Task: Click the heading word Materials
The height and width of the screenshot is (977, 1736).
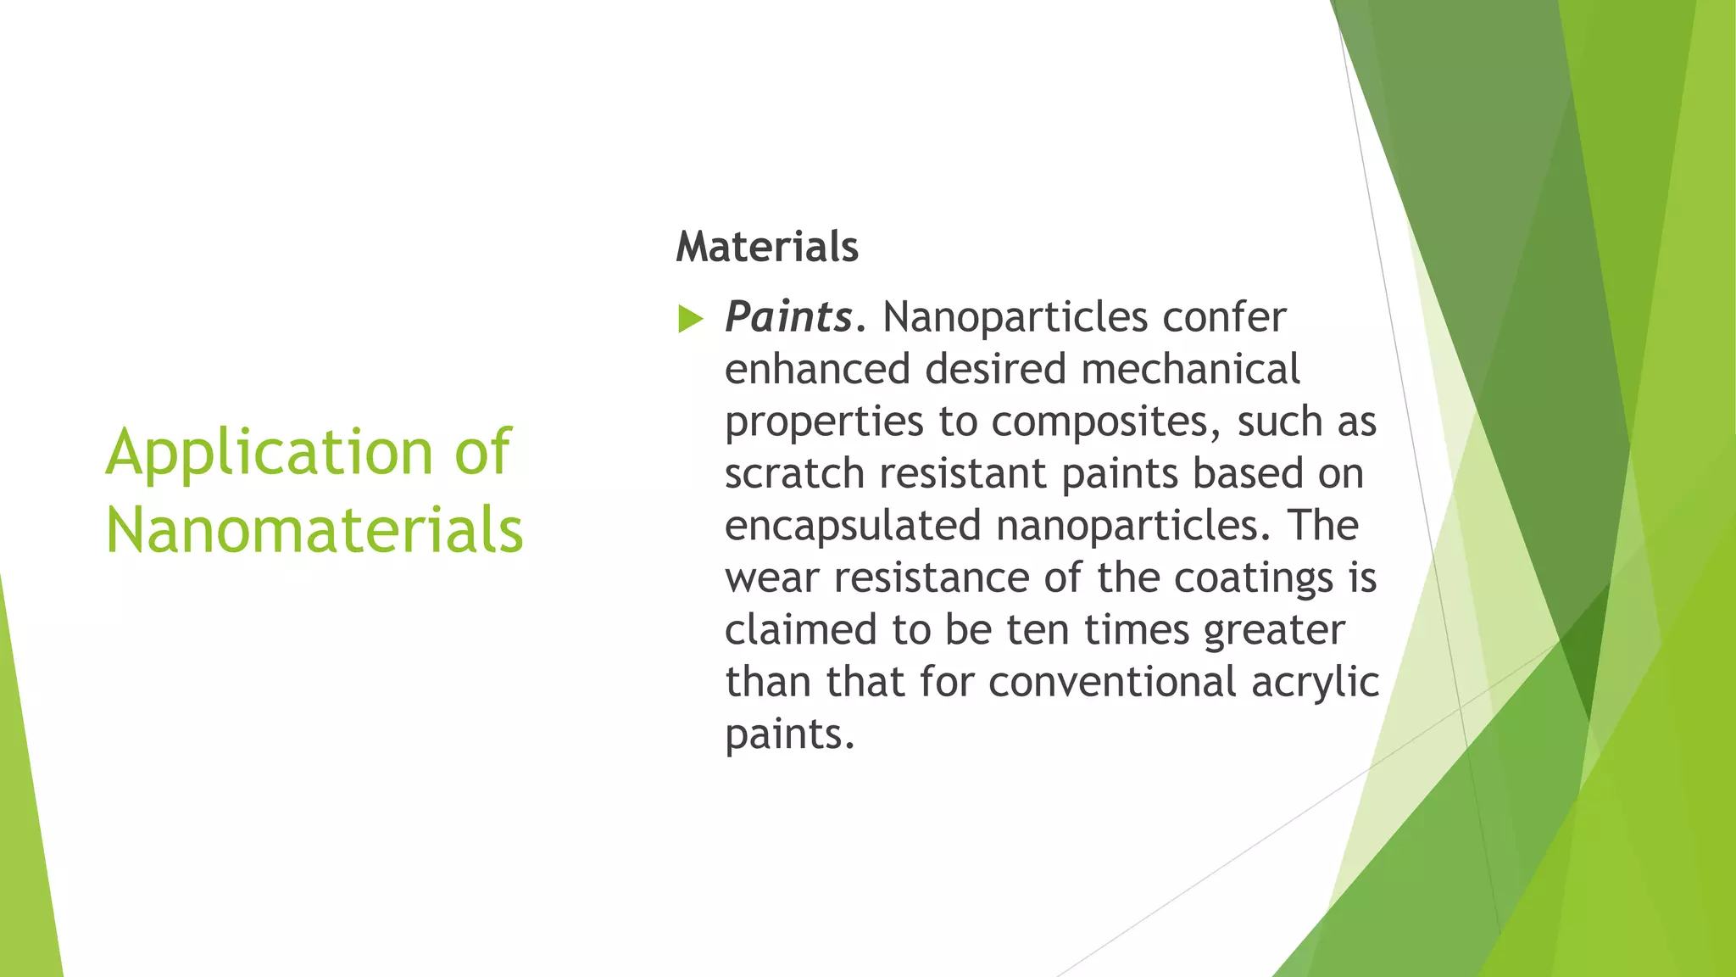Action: click(x=767, y=247)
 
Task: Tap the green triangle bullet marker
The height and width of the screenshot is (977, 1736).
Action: click(x=691, y=320)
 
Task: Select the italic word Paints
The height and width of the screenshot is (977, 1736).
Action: click(x=788, y=317)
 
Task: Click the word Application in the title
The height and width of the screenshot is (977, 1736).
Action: click(x=269, y=453)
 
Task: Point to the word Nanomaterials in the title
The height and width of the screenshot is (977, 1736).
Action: click(x=314, y=530)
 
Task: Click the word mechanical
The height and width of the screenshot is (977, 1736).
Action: click(x=1190, y=370)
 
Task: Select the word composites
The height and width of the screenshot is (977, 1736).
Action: click(x=1106, y=422)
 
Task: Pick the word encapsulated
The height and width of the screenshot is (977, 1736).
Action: click(x=853, y=526)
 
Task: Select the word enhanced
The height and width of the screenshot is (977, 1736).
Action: click(x=817, y=370)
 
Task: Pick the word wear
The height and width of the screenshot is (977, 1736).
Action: click(x=771, y=578)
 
